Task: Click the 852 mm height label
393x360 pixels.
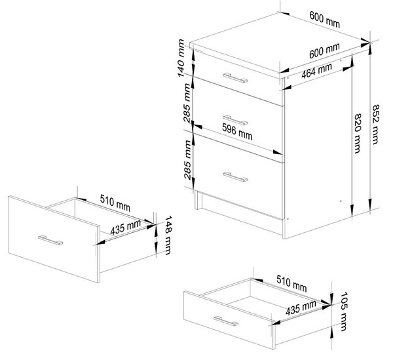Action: [375, 124]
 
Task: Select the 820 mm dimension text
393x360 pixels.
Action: [357, 133]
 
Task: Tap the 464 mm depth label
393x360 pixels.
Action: [316, 71]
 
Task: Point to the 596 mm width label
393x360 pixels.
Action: [237, 132]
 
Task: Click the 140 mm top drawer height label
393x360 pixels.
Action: [181, 58]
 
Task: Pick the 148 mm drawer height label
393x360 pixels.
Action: [168, 235]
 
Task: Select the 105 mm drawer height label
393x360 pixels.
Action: [344, 311]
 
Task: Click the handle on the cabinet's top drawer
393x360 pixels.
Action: [235, 78]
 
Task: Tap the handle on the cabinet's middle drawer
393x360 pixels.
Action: [235, 120]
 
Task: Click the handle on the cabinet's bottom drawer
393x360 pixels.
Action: [235, 177]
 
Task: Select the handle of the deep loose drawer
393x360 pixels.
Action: [50, 240]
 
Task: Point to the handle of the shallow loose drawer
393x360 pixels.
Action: [226, 321]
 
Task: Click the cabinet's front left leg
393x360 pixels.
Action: [198, 200]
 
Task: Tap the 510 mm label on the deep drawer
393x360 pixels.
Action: [115, 203]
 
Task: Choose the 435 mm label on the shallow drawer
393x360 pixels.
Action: [301, 308]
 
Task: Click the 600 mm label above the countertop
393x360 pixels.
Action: [325, 19]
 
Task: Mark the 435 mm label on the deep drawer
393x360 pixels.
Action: [125, 228]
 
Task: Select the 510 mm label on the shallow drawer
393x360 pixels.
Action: [291, 283]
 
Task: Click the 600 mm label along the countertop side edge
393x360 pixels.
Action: [324, 50]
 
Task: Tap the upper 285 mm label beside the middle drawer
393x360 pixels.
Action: [187, 103]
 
